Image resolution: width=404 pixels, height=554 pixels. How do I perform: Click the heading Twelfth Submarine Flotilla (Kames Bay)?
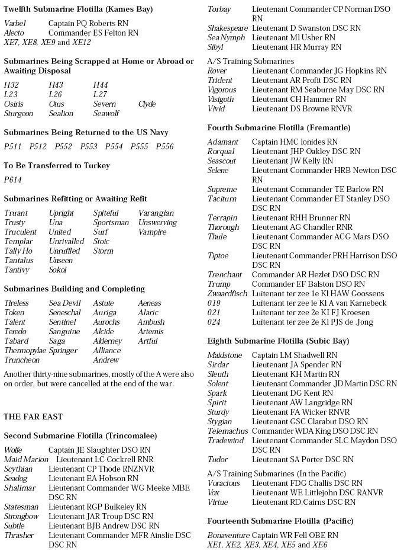pyautogui.click(x=78, y=9)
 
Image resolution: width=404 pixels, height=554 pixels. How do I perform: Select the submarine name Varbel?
pyautogui.click(x=15, y=24)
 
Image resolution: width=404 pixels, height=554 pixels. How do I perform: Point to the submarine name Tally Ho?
pyautogui.click(x=18, y=251)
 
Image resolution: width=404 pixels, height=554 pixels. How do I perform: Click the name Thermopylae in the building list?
pyautogui.click(x=25, y=351)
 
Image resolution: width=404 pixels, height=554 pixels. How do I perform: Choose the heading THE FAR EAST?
pyautogui.click(x=33, y=417)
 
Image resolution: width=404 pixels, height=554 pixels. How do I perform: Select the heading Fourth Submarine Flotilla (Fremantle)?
pyautogui.click(x=279, y=128)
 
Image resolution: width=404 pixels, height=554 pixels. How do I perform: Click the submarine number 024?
pyautogui.click(x=214, y=322)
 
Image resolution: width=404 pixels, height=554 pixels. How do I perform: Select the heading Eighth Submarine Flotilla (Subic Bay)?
pyautogui.click(x=278, y=341)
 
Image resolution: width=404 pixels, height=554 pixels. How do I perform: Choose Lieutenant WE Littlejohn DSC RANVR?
pyautogui.click(x=317, y=493)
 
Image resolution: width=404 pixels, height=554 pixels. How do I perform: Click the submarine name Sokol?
pyautogui.click(x=58, y=270)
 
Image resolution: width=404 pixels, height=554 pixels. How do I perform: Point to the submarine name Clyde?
pyautogui.click(x=147, y=104)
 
